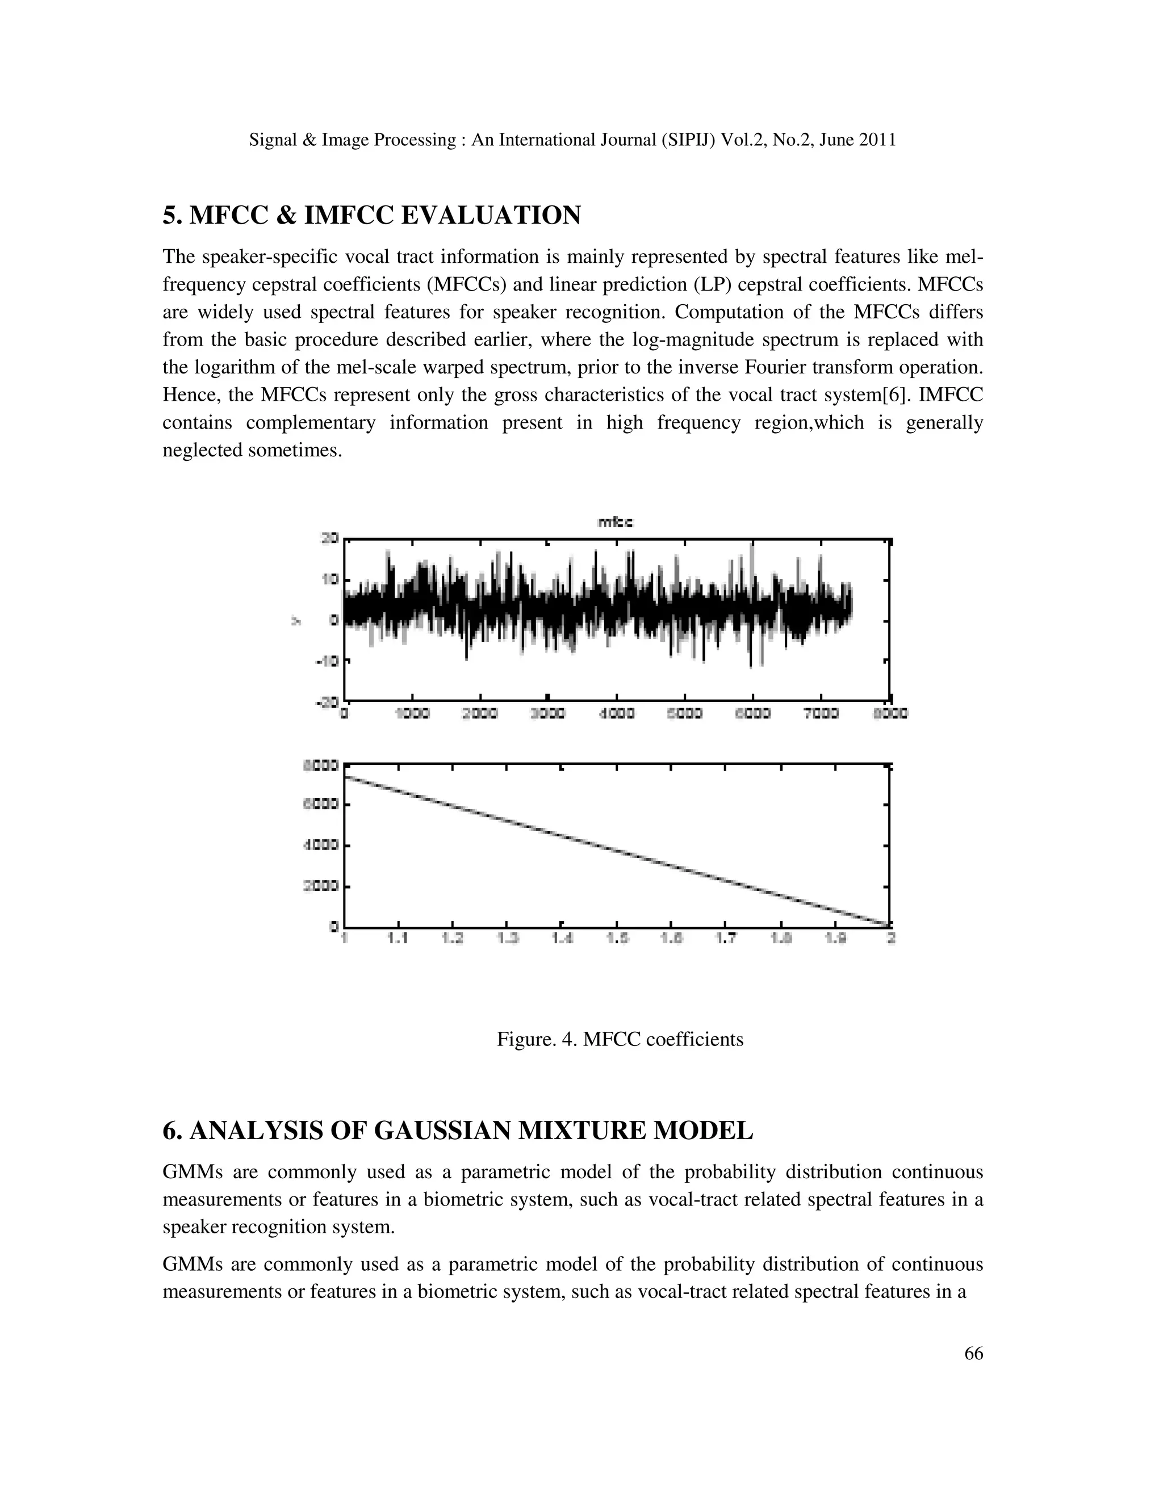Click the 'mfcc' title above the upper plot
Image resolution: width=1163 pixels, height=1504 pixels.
pyautogui.click(x=615, y=523)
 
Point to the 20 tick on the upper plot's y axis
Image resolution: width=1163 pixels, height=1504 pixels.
pyautogui.click(x=331, y=539)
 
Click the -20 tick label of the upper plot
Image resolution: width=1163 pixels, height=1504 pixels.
pyautogui.click(x=327, y=701)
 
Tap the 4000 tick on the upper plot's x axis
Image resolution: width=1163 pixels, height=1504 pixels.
pyautogui.click(x=616, y=714)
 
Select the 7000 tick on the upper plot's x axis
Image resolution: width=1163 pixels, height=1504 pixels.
pyautogui.click(x=821, y=714)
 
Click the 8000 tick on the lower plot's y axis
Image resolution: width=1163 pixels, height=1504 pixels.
pyautogui.click(x=321, y=764)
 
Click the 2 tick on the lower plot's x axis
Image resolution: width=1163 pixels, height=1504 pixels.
pyautogui.click(x=890, y=939)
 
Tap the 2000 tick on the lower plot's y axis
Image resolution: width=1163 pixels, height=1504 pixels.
pyautogui.click(x=321, y=887)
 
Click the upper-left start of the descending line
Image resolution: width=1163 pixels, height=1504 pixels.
pyautogui.click(x=346, y=778)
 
